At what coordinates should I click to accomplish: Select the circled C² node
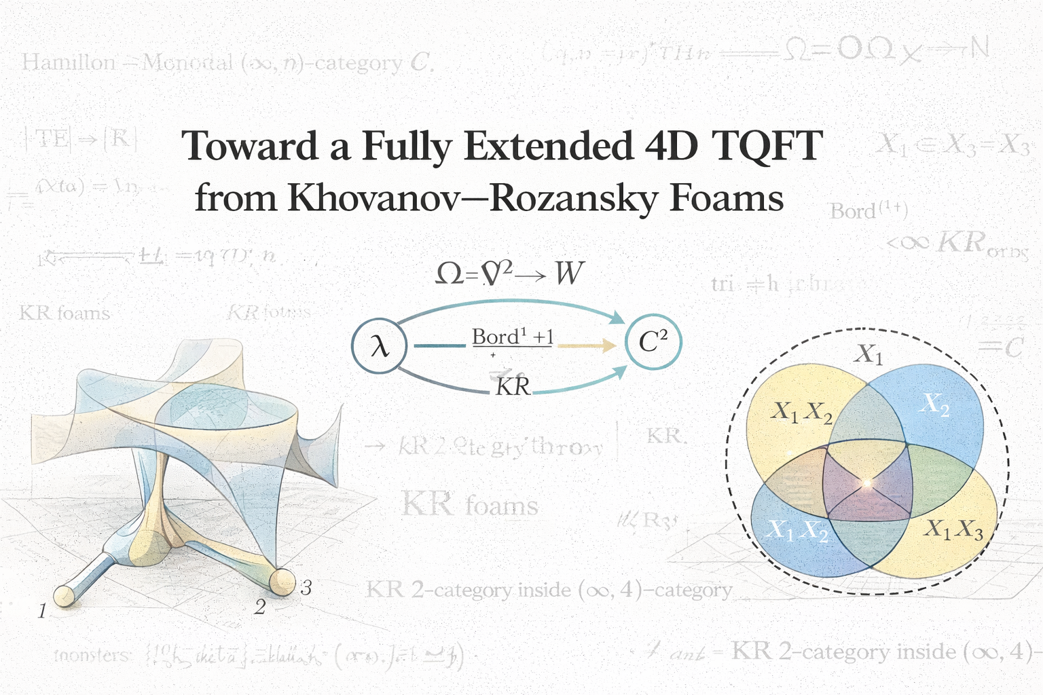tap(653, 343)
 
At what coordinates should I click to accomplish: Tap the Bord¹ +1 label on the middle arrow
tap(513, 337)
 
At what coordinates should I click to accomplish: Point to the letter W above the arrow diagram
tap(568, 274)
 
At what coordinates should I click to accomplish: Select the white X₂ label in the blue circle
tap(934, 405)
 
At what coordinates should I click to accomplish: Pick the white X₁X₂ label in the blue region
tap(796, 531)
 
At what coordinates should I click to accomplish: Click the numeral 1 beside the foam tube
tap(42, 612)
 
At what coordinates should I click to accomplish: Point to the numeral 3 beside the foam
tap(306, 588)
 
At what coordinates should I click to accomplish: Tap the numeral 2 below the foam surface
tap(259, 607)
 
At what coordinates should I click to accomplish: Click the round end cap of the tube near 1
tap(64, 595)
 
